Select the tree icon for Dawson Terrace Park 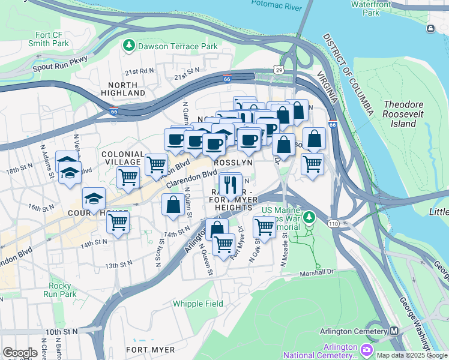[128, 46]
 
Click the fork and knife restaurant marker [230, 185]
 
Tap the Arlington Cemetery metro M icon [394, 331]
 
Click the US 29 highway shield [279, 70]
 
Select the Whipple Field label [196, 304]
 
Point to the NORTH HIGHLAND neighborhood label [126, 89]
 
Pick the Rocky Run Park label [59, 290]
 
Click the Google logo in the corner [20, 353]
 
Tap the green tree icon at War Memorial [309, 217]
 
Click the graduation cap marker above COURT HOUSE [94, 198]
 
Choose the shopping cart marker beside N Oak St [264, 226]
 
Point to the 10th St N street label [62, 331]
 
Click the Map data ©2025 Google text [411, 355]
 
